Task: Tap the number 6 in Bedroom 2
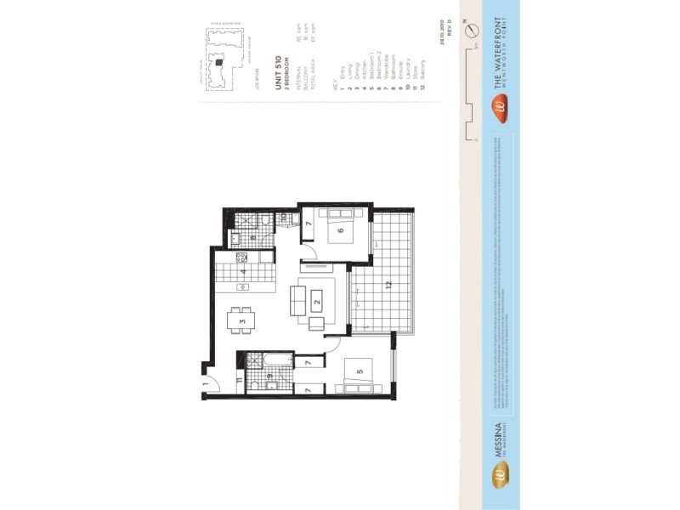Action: (x=339, y=230)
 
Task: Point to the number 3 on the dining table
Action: (x=242, y=321)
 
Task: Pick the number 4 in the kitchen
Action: (x=243, y=272)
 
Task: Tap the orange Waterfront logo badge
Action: (x=501, y=107)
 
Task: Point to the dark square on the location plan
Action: (x=218, y=61)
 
